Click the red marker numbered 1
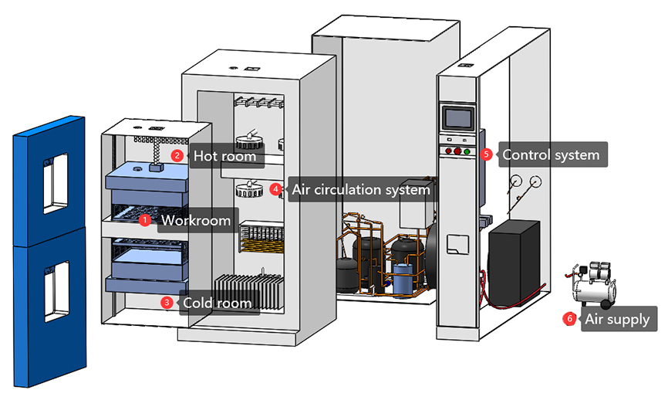click(144, 220)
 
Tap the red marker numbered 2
click(177, 155)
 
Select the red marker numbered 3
click(167, 302)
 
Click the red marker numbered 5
click(486, 154)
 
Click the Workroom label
click(195, 221)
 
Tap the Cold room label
click(217, 303)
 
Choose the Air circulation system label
click(359, 189)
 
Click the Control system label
click(550, 154)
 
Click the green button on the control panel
click(467, 151)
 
